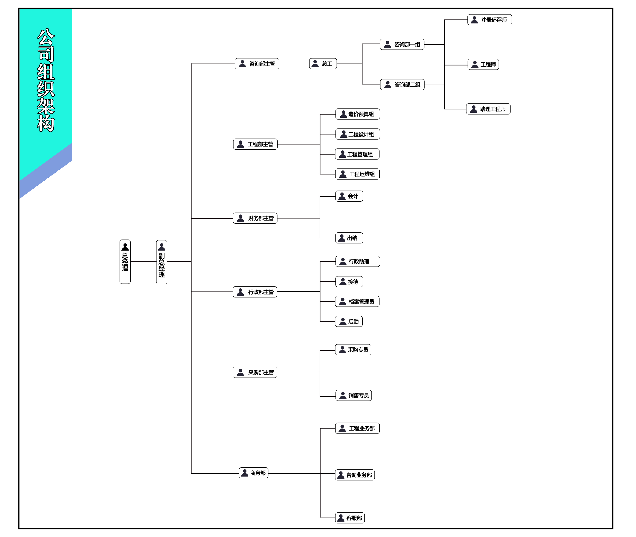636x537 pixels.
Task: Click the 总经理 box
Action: tap(125, 262)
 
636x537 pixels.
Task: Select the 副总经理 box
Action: tap(161, 262)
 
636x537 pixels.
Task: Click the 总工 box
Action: tap(323, 64)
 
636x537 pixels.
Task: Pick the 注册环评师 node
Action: tap(489, 20)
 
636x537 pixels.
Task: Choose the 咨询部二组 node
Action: tap(402, 85)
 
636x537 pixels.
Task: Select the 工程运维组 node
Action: tap(357, 174)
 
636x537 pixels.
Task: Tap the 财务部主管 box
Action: tap(255, 218)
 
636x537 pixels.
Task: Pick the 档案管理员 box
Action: tap(357, 301)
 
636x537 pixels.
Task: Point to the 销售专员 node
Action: tap(353, 395)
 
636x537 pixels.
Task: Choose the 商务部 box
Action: tap(254, 473)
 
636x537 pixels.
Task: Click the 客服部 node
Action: tap(350, 518)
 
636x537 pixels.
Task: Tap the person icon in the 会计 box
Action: tap(342, 196)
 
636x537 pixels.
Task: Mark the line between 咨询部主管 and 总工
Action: tap(294, 64)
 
